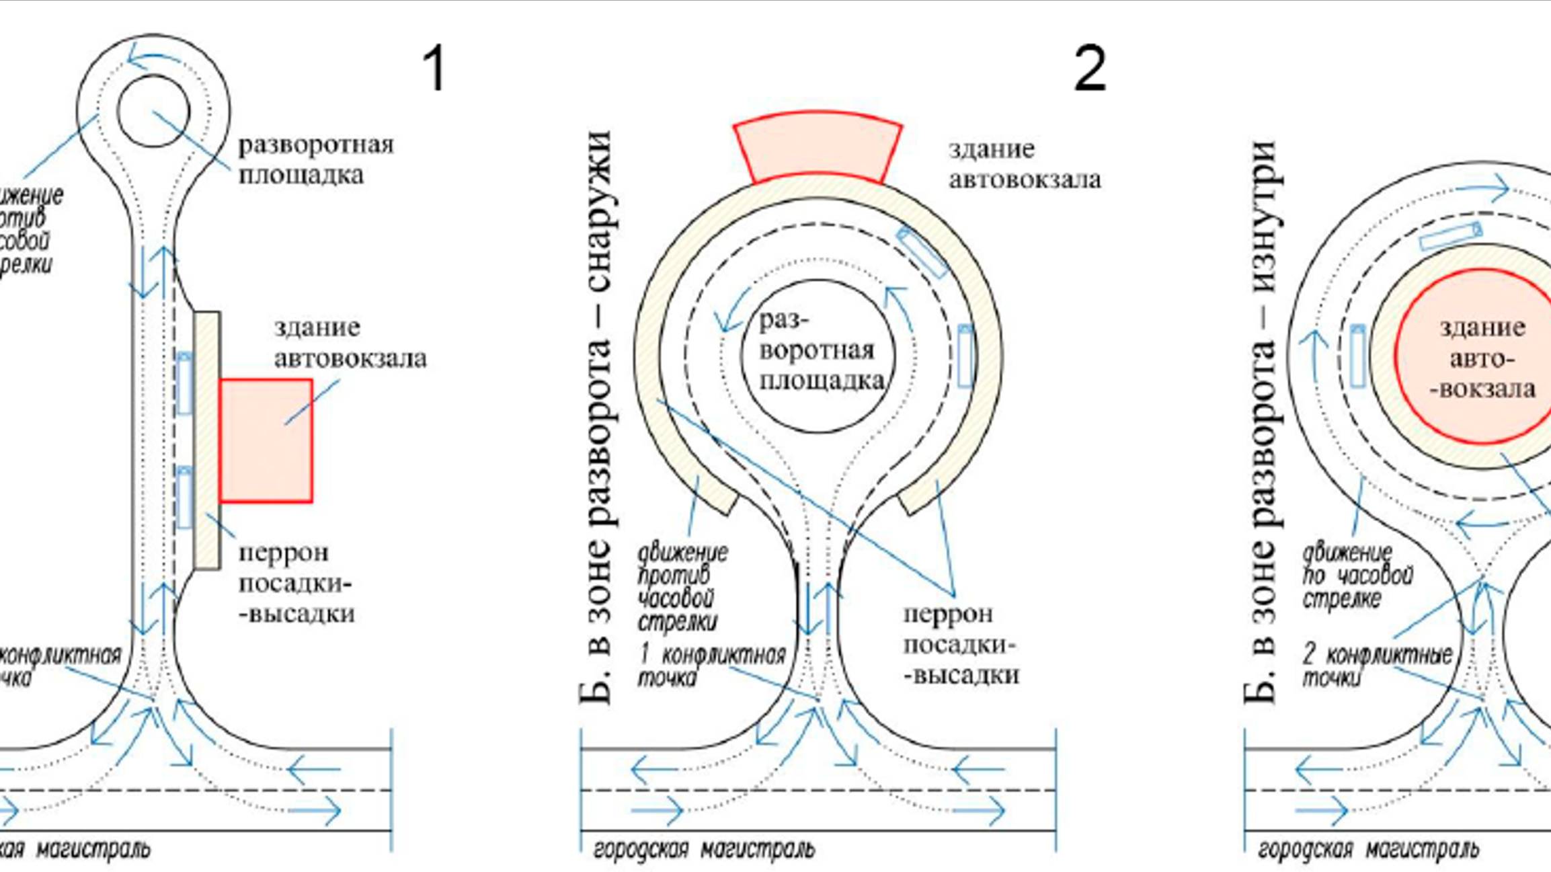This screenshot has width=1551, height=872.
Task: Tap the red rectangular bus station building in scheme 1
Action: click(266, 440)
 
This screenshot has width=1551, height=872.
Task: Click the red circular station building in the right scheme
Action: click(1479, 356)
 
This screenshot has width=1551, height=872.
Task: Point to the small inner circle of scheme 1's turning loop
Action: click(153, 111)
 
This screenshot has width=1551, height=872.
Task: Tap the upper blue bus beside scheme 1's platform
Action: click(184, 383)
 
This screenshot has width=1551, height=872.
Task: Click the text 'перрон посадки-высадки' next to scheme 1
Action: click(296, 583)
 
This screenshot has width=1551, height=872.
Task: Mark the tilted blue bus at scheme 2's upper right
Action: click(922, 251)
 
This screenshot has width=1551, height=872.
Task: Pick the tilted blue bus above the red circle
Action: click(1450, 237)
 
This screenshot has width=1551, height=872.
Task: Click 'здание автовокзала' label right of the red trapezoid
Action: click(1024, 164)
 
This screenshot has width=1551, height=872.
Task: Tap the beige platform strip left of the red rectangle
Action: click(207, 440)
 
